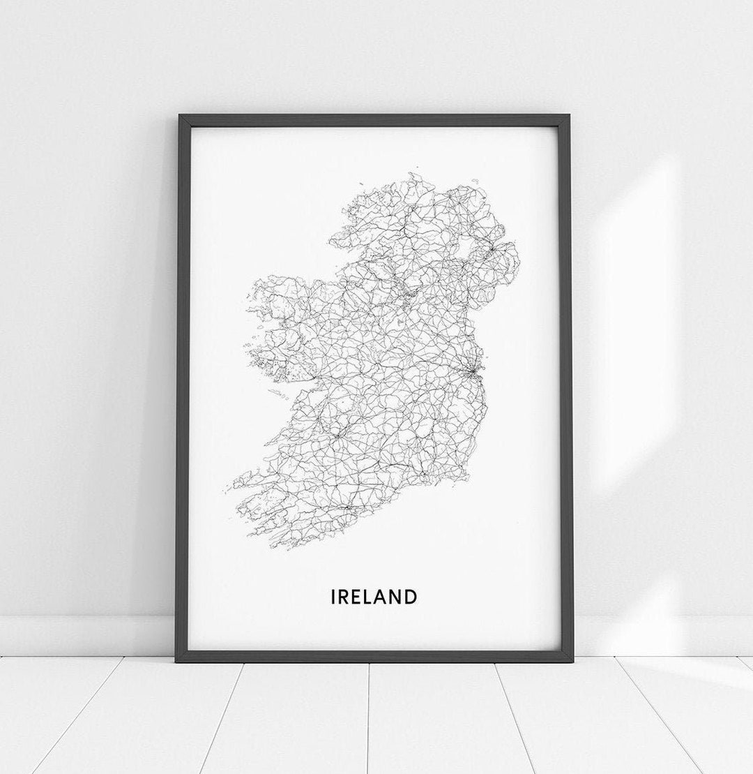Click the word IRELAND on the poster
click(374, 597)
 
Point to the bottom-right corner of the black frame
click(572, 660)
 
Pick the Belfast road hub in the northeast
click(492, 247)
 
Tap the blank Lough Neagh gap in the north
click(463, 251)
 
